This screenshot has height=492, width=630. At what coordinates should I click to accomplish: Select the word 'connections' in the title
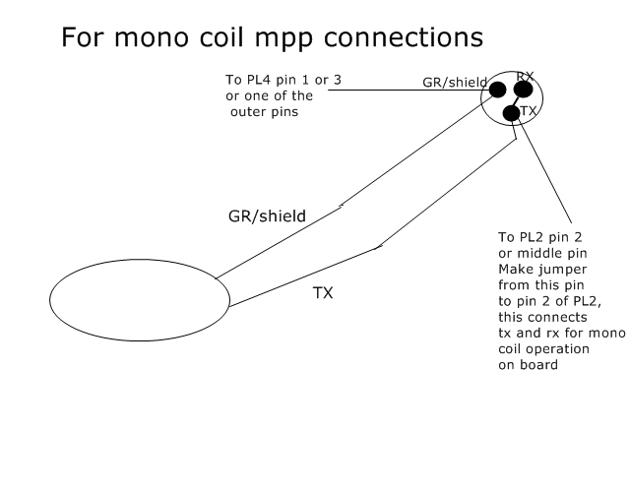404,37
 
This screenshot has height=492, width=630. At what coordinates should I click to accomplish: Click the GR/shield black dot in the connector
497,90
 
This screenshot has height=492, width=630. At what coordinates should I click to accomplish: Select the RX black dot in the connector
523,90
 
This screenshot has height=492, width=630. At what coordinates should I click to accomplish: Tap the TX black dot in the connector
512,113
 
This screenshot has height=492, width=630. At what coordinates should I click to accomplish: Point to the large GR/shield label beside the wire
267,216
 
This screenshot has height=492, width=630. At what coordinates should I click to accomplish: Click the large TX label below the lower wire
323,293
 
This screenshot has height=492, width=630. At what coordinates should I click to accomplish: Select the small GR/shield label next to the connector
455,83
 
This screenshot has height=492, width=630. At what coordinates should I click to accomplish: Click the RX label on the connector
525,76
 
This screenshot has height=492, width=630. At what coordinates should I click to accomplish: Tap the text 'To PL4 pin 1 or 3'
283,80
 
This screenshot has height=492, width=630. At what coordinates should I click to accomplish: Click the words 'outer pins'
265,111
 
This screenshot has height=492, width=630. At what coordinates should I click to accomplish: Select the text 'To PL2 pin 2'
540,237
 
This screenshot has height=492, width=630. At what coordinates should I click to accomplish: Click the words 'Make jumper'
542,269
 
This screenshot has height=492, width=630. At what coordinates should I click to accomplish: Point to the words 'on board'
528,365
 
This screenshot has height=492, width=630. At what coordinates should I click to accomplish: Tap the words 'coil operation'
543,348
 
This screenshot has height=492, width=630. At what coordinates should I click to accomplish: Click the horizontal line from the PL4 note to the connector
409,90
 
